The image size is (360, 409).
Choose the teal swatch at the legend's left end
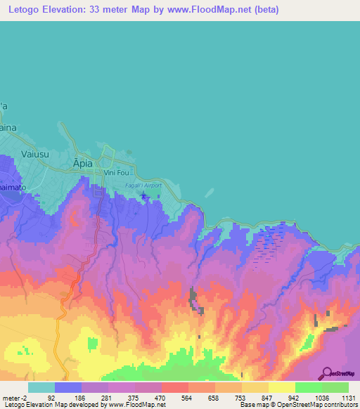click(41, 387)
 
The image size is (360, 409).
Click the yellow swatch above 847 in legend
click(255, 387)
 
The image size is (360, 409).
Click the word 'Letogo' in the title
click(22, 10)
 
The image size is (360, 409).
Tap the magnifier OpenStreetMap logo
click(327, 373)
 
